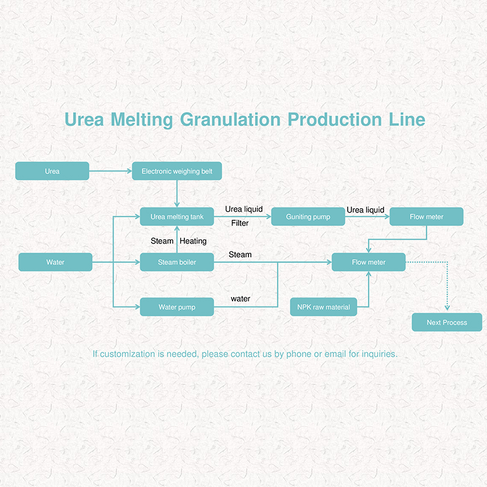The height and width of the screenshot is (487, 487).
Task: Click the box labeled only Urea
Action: pyautogui.click(x=52, y=171)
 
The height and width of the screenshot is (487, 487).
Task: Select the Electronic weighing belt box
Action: pyautogui.click(x=177, y=171)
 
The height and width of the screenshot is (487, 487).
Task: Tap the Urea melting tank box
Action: pyautogui.click(x=177, y=217)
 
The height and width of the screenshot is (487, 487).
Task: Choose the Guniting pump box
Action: pyautogui.click(x=308, y=217)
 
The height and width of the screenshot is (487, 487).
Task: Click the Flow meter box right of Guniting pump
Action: pyautogui.click(x=427, y=217)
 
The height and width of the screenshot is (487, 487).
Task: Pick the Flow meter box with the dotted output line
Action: pyautogui.click(x=369, y=262)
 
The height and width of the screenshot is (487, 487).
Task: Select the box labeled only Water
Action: pyautogui.click(x=55, y=262)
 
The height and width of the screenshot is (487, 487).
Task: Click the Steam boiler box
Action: pyautogui.click(x=177, y=262)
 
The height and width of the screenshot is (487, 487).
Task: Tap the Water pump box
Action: pyautogui.click(x=177, y=307)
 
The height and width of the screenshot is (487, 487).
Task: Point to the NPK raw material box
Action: pyautogui.click(x=324, y=307)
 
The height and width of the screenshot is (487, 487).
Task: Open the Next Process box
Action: pyautogui.click(x=447, y=323)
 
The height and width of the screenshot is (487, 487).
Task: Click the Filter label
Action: pyautogui.click(x=240, y=223)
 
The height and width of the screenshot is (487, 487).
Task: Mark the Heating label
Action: pyautogui.click(x=193, y=241)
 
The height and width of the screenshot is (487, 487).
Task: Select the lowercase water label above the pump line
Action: pyautogui.click(x=240, y=299)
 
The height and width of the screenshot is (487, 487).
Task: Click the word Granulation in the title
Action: pyautogui.click(x=230, y=119)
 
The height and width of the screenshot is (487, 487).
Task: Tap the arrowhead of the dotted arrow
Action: pyautogui.click(x=447, y=308)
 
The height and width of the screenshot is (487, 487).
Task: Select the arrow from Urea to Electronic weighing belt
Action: pyautogui.click(x=111, y=171)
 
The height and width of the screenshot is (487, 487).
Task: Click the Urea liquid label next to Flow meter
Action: pyautogui.click(x=366, y=210)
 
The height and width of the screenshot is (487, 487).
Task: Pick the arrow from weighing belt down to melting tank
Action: pyautogui.click(x=177, y=194)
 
